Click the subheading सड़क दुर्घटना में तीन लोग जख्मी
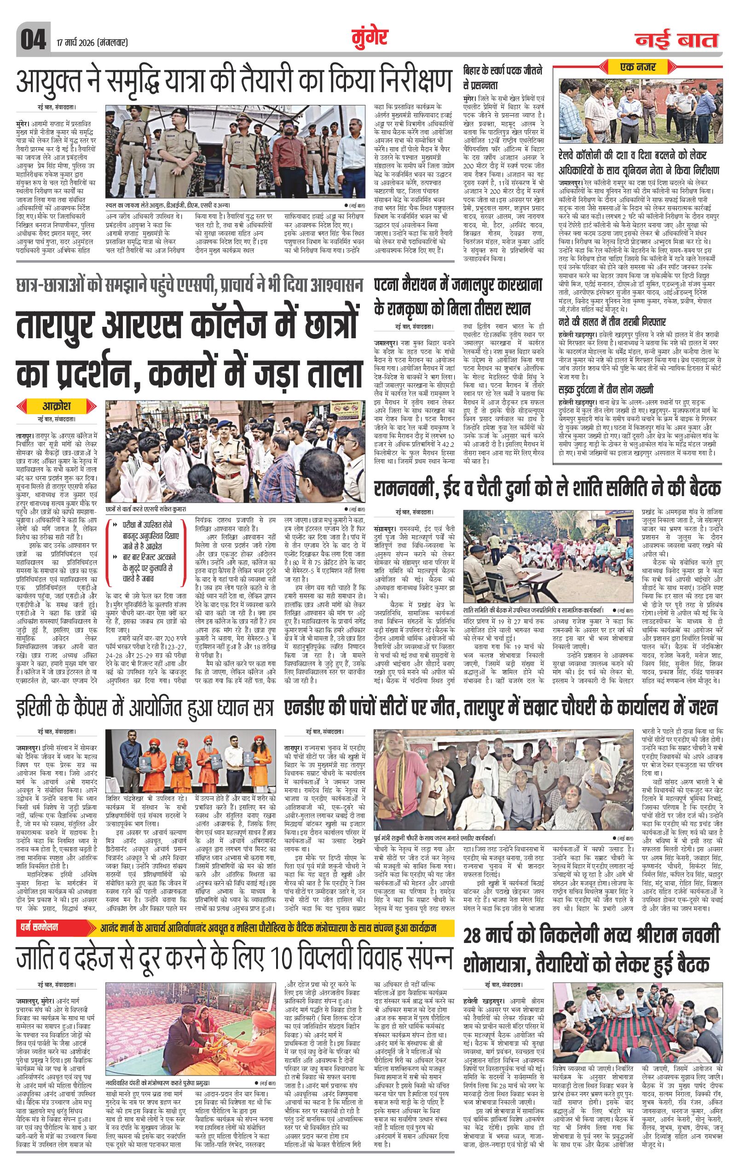point(606,389)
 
